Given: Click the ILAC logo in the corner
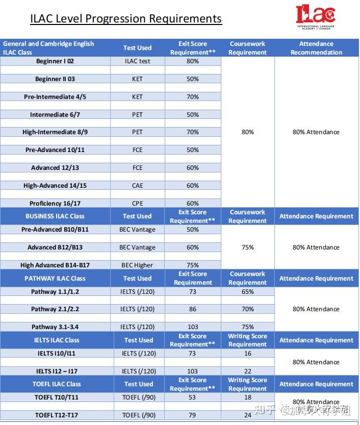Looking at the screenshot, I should click(316, 17).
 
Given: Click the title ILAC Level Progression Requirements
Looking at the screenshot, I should click(126, 19).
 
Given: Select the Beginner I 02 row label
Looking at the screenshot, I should click(55, 61).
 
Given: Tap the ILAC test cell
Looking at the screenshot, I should click(137, 61).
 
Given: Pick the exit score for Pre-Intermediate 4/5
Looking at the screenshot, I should click(193, 97).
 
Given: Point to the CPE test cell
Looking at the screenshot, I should click(137, 204).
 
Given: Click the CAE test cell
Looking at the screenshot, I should click(137, 186).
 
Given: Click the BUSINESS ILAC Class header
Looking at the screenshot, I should click(55, 216).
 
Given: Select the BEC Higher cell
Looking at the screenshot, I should click(137, 265).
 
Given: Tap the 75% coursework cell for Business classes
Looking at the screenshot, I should click(248, 247).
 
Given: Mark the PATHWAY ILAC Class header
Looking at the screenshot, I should click(55, 279).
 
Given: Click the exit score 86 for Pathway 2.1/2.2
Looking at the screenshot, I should click(193, 309).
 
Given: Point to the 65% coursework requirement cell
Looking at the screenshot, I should click(248, 292).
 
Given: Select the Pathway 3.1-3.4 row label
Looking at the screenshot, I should click(55, 327).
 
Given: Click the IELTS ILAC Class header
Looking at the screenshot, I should click(57, 340).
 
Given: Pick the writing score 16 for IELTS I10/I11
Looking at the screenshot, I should click(248, 353).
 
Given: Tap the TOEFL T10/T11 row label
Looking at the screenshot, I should click(57, 397).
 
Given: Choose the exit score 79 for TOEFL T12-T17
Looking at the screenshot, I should click(193, 415).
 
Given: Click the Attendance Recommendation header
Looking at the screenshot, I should click(316, 48).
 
